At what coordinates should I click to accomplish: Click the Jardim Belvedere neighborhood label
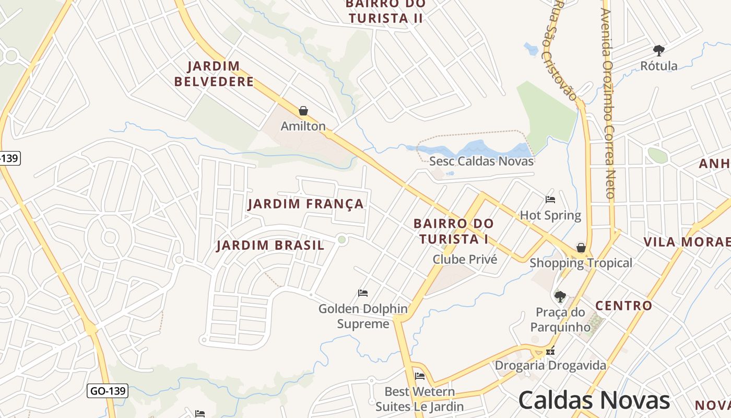[214, 74]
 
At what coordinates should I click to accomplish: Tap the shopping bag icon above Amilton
[303, 111]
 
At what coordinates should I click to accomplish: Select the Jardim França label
[306, 204]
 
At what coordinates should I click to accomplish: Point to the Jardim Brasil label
[270, 245]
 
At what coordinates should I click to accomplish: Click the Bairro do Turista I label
[453, 231]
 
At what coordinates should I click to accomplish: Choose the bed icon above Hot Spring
[550, 199]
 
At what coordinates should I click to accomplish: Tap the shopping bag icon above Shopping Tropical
[581, 247]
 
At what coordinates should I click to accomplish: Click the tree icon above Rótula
[659, 51]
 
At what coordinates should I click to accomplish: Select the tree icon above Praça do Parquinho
[560, 297]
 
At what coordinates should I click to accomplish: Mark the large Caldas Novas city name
[594, 400]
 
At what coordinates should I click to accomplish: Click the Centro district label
[624, 306]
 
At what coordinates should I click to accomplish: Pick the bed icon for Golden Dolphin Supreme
[363, 293]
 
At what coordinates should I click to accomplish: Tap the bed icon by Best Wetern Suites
[420, 376]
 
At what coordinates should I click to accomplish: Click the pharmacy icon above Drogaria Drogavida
[550, 352]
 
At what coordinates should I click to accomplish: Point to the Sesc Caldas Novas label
[481, 161]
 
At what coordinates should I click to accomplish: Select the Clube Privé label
[465, 259]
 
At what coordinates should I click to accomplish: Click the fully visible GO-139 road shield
[107, 390]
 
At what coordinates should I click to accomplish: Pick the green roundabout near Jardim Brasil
[342, 239]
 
